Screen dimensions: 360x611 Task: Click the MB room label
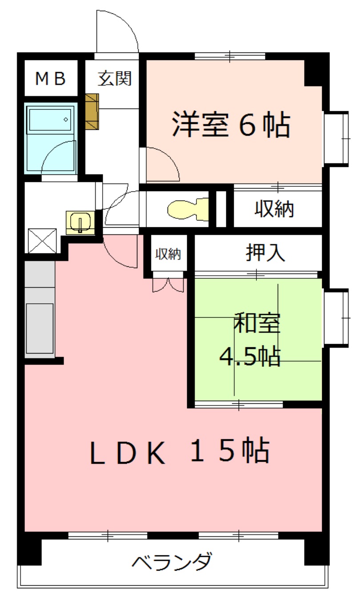pos(50,79)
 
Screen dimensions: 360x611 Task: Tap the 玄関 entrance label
pos(115,79)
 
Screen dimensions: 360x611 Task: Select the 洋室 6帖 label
pos(231,124)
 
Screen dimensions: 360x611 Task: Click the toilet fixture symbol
pos(188,209)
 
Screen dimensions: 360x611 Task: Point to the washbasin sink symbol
pos(80,222)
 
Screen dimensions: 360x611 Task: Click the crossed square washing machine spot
pos(42,241)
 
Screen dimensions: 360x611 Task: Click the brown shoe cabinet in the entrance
pos(92,112)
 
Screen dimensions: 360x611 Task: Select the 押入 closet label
pos(265,253)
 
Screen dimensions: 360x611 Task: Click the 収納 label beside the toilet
pos(274,209)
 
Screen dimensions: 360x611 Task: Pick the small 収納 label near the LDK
pos(168,253)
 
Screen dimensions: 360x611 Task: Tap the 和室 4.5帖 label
pos(250,340)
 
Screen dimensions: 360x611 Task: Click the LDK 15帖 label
pos(180,451)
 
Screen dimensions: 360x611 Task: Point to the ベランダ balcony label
pos(172,561)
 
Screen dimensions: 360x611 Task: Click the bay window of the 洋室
pos(336,139)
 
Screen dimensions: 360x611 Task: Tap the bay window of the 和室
pos(336,318)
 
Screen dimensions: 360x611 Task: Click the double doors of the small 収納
pos(168,285)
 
